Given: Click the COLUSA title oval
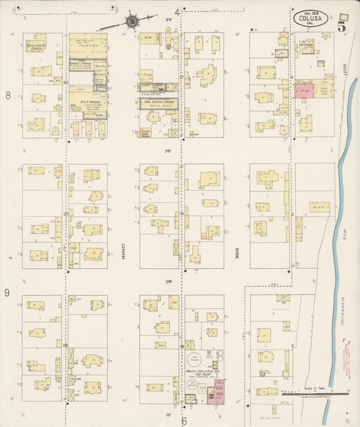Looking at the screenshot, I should click(x=311, y=18).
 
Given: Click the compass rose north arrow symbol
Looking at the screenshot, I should click(x=130, y=21).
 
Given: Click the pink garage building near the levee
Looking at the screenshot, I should click(x=299, y=91).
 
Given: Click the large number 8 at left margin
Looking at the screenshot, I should click(x=8, y=96).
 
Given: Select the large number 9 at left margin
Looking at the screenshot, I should click(x=8, y=293).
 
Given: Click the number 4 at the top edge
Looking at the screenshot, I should click(x=178, y=12).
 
